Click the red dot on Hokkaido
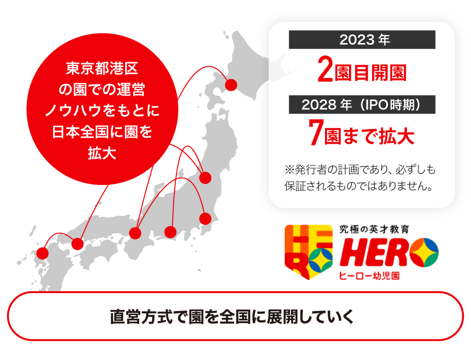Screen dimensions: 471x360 pos(231,85)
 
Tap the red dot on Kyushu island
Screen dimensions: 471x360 pos(43,254)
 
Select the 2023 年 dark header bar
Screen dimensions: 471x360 pos(362,40)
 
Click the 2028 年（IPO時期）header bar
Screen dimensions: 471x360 pos(362,105)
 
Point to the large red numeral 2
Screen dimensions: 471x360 pos(325,70)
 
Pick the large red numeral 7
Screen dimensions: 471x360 pos(316,132)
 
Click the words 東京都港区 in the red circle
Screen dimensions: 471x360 pos(102,68)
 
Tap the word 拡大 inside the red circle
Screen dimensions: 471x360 pos(102,153)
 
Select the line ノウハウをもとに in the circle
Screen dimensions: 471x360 pos(102,110)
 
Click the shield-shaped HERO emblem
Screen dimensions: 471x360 pos(309,252)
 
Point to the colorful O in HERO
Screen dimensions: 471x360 pos(424,253)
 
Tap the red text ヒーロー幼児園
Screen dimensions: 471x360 pos(369,276)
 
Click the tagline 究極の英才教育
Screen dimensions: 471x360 pos(374,229)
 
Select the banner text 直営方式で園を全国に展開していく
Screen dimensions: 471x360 pos(232,317)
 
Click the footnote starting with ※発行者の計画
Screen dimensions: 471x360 pos(360,178)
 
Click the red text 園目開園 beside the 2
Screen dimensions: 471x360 pos(371,73)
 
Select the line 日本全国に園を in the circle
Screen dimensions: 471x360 pos(102,132)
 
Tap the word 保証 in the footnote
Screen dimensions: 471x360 pos(295,186)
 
